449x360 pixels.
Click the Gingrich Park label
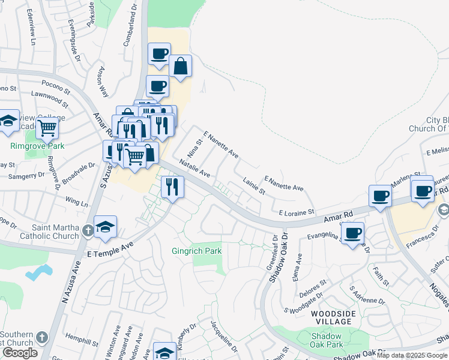point(197,251)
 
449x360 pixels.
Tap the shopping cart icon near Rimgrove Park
point(46,127)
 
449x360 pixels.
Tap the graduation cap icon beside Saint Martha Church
point(105,227)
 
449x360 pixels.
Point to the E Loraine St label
point(297,212)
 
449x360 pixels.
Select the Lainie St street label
point(254,185)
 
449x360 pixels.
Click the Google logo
point(20,353)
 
